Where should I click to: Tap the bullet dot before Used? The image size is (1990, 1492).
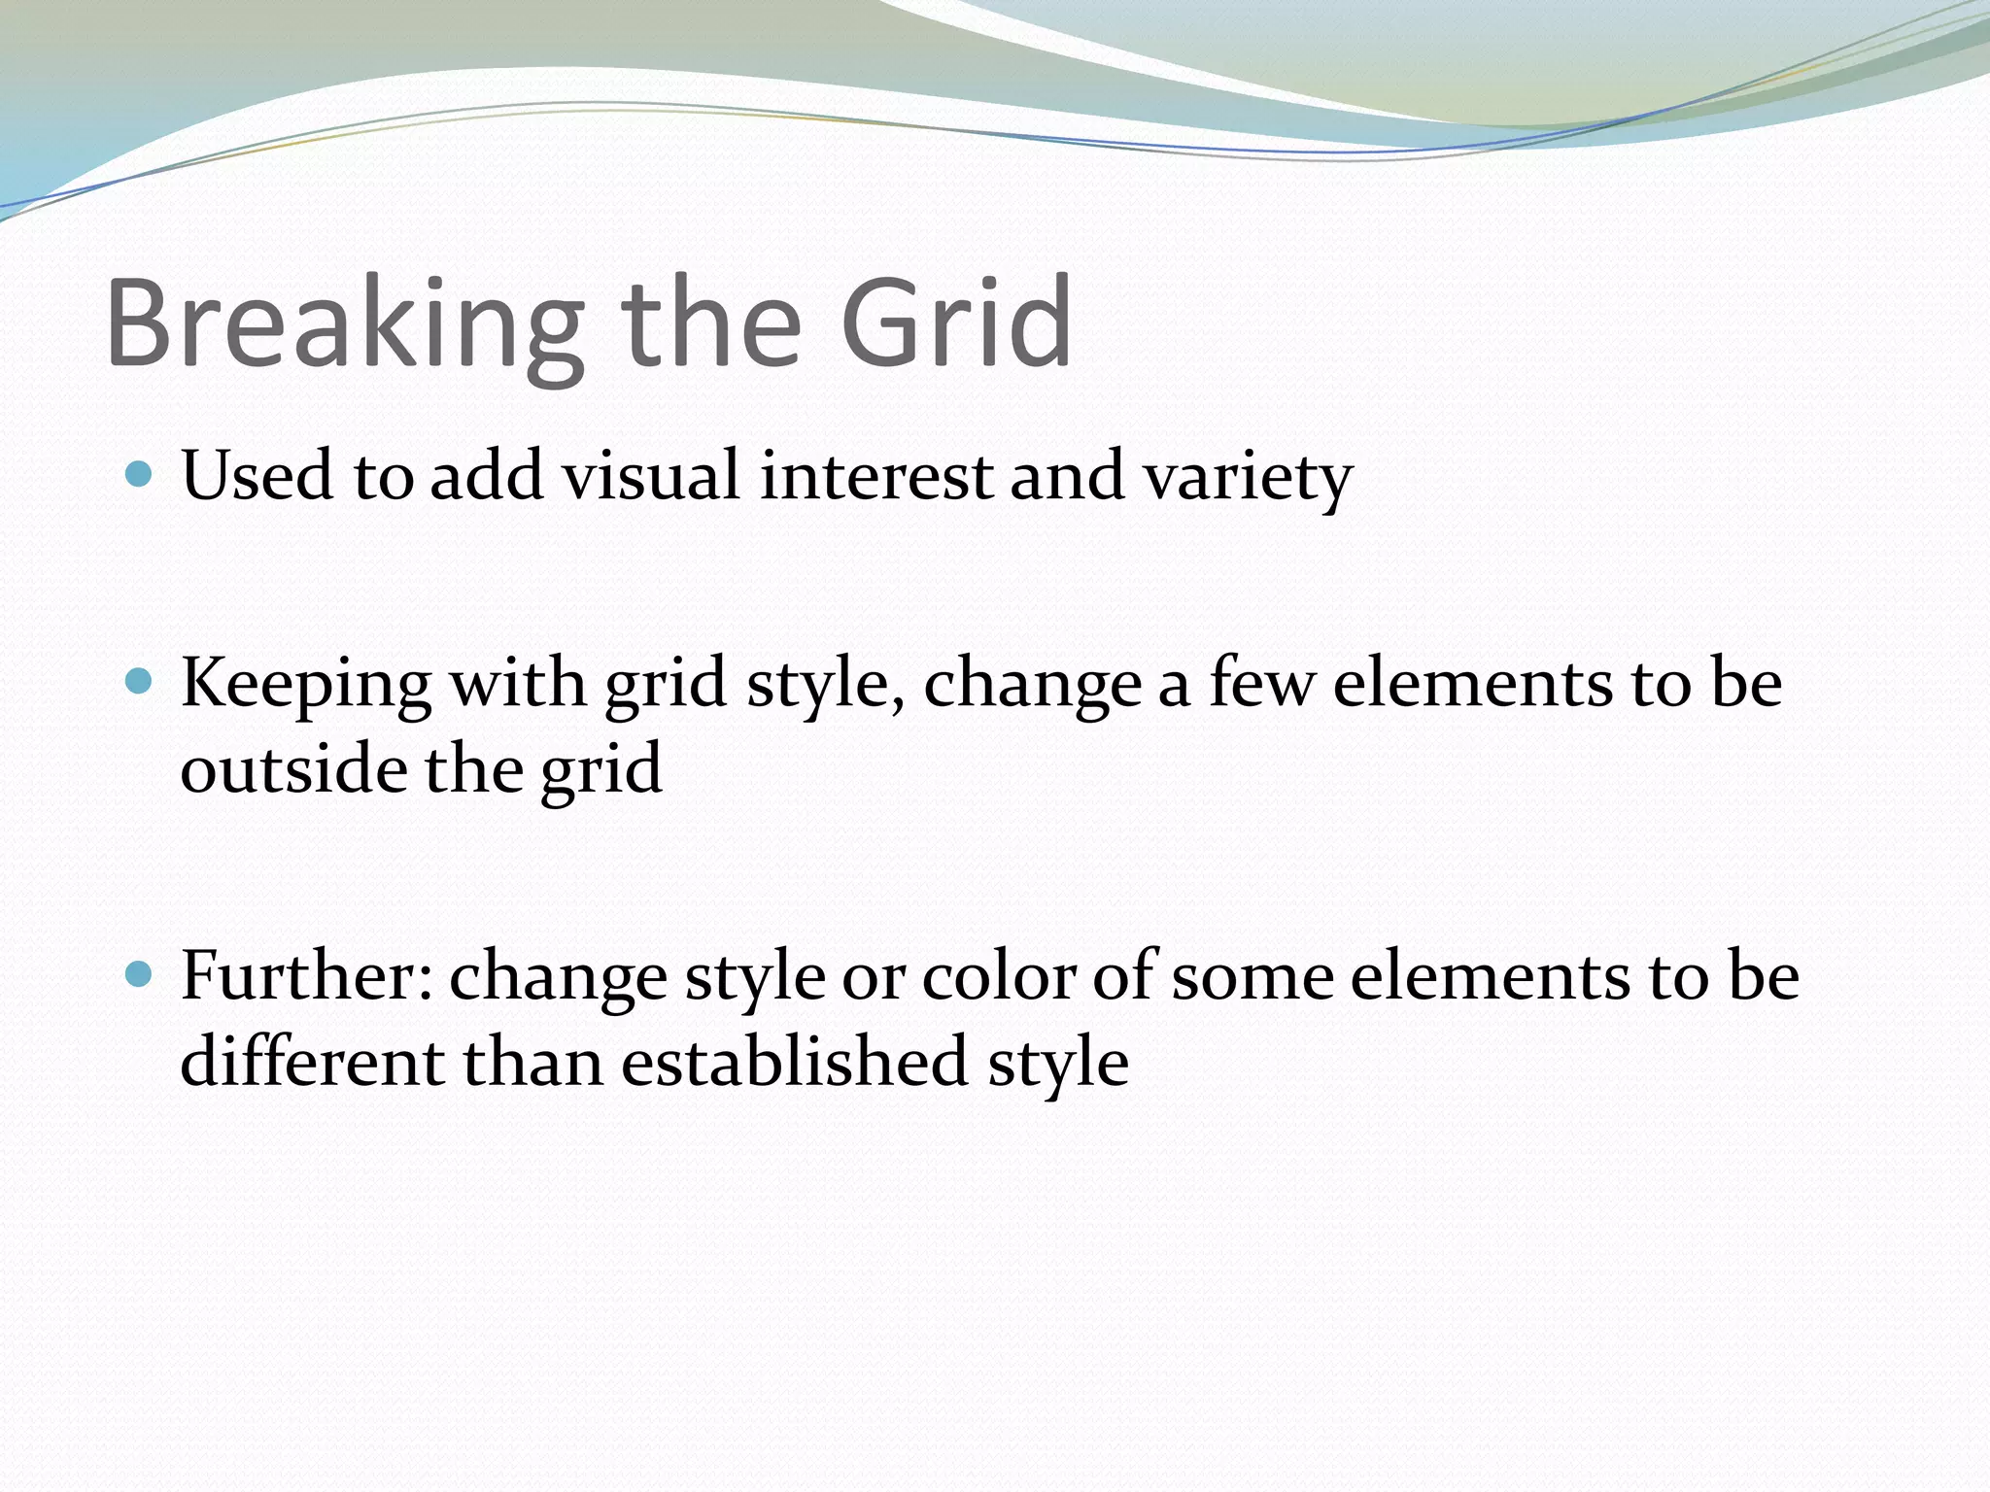coord(140,474)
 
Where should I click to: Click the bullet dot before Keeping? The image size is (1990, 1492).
coord(140,681)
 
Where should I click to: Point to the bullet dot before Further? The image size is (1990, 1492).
coord(140,973)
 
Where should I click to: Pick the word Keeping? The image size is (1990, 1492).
coord(306,686)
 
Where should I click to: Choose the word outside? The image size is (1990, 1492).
coord(293,768)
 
